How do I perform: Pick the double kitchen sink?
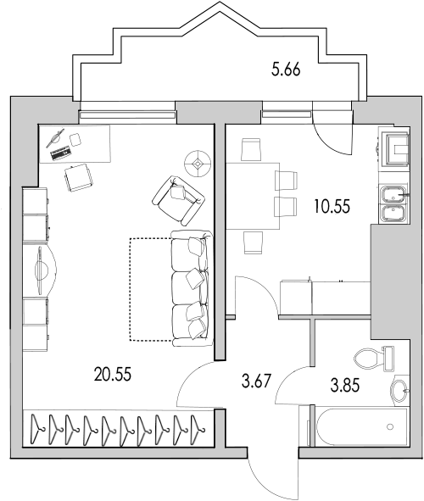point(393,203)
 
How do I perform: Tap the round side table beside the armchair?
point(199,161)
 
